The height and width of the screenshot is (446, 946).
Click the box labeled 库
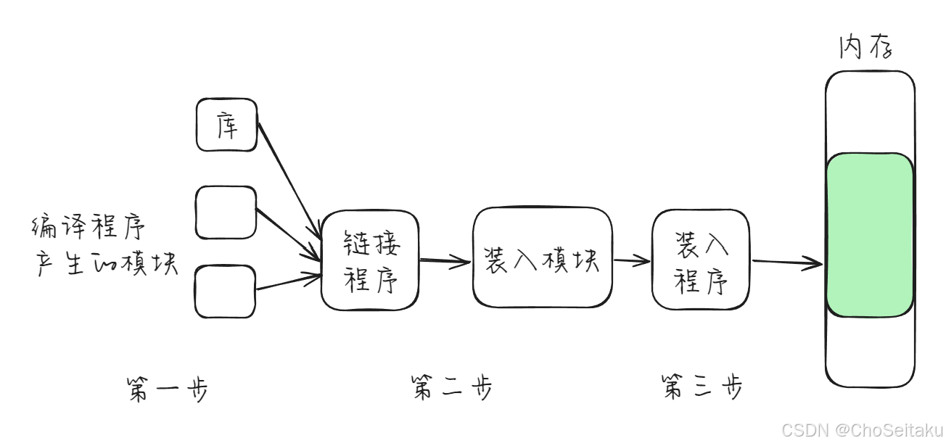pyautogui.click(x=226, y=125)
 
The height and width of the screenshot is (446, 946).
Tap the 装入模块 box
pyautogui.click(x=542, y=257)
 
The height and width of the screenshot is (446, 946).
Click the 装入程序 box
pyautogui.click(x=701, y=260)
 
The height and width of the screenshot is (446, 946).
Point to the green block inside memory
pyautogui.click(x=869, y=235)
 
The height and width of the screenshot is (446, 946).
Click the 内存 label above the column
pyautogui.click(x=865, y=48)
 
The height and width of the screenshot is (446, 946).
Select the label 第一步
pyautogui.click(x=167, y=389)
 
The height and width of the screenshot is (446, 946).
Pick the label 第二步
pyautogui.click(x=451, y=387)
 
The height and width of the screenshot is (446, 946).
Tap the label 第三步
pyautogui.click(x=702, y=387)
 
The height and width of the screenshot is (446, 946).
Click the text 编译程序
pyautogui.click(x=89, y=228)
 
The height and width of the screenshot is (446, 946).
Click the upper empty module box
pyautogui.click(x=226, y=212)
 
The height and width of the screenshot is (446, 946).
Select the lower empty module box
pyautogui.click(x=225, y=292)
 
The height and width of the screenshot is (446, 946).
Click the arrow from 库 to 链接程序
pyautogui.click(x=289, y=178)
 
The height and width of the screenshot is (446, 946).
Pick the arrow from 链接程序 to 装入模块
pyautogui.click(x=445, y=262)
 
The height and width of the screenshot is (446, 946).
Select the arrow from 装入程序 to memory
pyautogui.click(x=787, y=263)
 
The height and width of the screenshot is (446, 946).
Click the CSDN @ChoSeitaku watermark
pyautogui.click(x=862, y=429)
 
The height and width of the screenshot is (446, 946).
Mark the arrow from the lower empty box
pyautogui.click(x=288, y=281)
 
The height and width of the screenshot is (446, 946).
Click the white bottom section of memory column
pyautogui.click(x=869, y=351)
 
